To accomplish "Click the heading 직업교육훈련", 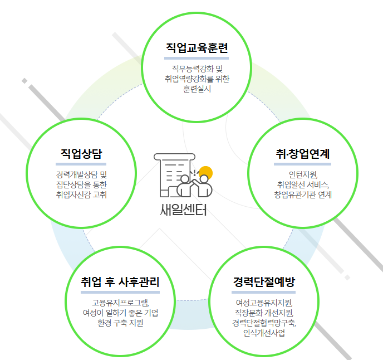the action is [x=198, y=47].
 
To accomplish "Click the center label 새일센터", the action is [x=183, y=211].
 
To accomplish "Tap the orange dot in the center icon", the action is [x=206, y=173].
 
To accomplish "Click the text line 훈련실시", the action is [x=197, y=89].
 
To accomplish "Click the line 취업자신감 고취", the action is [x=81, y=194].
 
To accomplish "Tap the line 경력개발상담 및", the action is [x=81, y=174].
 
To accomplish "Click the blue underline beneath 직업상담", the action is [x=81, y=164].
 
